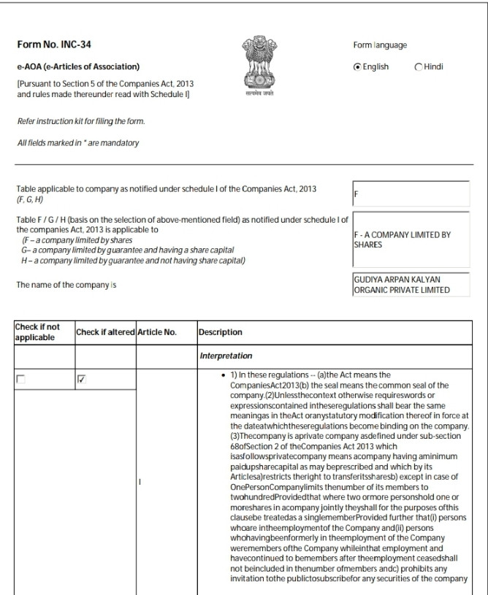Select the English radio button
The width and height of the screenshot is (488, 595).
click(357, 66)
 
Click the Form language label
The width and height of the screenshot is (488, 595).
click(379, 45)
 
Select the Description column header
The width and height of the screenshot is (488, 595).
click(221, 332)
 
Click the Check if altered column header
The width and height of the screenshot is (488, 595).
click(104, 332)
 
